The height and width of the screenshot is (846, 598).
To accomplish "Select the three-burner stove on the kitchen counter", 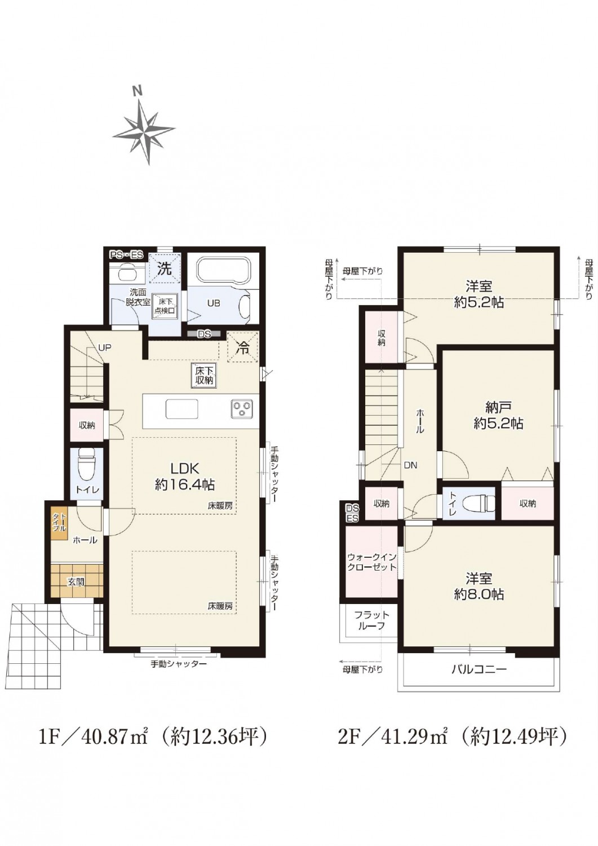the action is [243, 410].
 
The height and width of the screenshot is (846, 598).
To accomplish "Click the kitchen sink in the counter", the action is [181, 409].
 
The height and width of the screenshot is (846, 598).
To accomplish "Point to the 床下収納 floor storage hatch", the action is [204, 376].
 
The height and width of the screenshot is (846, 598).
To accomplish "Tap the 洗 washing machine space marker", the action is [165, 268].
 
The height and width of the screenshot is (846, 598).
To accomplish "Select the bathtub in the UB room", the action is [223, 271].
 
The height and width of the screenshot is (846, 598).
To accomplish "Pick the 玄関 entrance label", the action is [76, 582].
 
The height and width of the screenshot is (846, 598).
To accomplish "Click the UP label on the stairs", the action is [105, 348].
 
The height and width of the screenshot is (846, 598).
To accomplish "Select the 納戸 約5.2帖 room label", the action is [498, 416].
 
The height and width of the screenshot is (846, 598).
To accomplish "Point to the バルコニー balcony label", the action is [479, 669].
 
